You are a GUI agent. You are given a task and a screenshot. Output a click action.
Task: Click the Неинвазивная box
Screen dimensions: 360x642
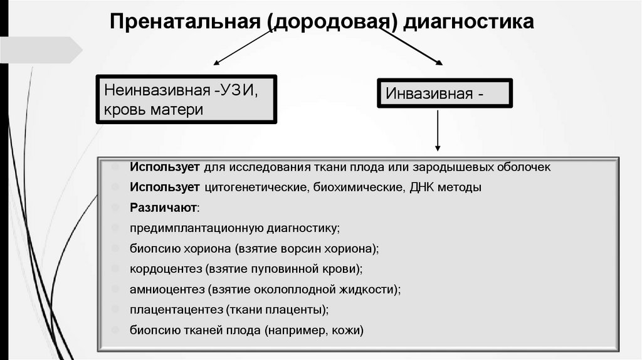(186, 99)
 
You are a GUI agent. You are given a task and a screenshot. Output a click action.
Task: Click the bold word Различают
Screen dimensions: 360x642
(164, 206)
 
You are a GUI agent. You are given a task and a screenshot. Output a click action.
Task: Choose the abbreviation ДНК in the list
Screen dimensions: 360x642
(419, 187)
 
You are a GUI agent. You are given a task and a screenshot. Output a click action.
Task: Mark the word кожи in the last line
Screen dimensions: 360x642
(349, 330)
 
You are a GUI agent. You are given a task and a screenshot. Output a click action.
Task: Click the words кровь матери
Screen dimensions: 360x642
(154, 109)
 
